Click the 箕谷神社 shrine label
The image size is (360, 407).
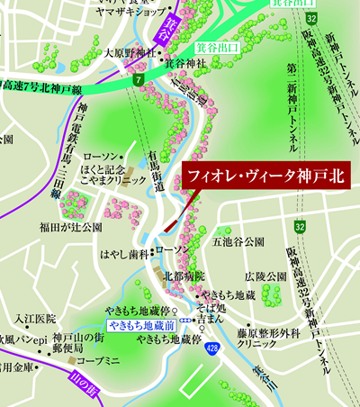185,64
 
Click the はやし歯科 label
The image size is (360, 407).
123,254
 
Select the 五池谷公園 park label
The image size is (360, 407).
237,242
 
